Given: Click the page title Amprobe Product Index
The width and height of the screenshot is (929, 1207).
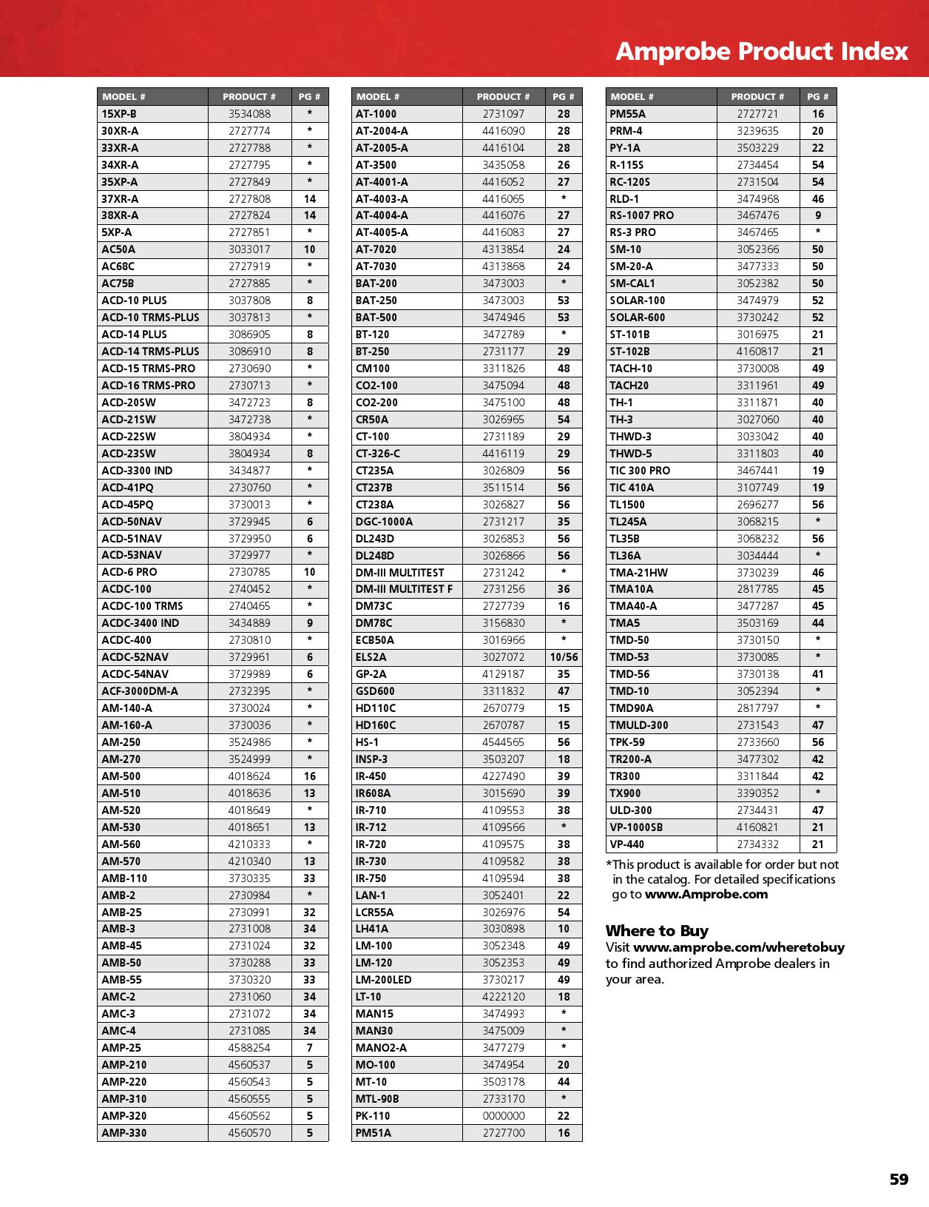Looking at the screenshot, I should [761, 51].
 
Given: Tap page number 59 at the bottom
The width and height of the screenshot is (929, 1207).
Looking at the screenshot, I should [899, 1179].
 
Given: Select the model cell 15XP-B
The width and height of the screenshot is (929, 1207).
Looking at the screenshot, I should [119, 114].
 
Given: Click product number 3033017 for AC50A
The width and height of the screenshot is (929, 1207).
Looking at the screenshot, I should [249, 249].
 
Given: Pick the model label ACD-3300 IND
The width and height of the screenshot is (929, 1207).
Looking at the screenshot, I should [137, 471].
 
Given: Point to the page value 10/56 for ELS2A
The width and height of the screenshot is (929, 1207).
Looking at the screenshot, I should [564, 657].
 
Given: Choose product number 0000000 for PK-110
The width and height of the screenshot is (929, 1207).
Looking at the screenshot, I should [504, 1116].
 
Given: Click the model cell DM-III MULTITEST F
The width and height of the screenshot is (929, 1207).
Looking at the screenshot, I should [404, 589].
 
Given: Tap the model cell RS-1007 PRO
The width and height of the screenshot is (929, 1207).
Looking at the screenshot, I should [641, 215].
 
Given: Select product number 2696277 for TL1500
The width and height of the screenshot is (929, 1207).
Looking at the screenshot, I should [757, 505].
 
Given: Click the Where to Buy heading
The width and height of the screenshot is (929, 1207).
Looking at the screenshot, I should [657, 931].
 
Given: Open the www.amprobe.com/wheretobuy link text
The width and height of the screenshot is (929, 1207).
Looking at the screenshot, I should [739, 947].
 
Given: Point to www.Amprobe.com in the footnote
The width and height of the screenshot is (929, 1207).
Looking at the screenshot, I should [706, 894].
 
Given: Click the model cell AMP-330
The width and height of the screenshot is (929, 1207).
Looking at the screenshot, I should [124, 1133].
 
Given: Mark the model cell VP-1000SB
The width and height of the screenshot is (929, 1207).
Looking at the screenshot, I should [636, 827].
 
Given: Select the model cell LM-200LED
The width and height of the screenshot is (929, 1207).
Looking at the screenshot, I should [383, 980].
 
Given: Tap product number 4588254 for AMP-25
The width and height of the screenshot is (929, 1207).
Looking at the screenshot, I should [249, 1048].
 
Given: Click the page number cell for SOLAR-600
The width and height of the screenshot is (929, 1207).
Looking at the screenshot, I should [817, 317].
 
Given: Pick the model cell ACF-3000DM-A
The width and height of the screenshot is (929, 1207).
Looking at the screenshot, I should [140, 691].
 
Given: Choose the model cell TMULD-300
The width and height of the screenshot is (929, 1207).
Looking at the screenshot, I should [638, 725].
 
